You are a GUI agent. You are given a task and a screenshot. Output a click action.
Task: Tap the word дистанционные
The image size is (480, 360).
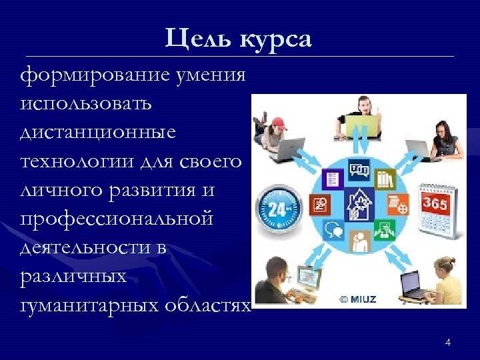(98, 133)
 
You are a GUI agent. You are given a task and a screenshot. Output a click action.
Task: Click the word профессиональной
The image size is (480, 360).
(117, 219)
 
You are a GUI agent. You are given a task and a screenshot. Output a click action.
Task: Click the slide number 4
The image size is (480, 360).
(447, 343)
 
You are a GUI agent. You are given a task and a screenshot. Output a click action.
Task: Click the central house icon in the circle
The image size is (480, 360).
(358, 203)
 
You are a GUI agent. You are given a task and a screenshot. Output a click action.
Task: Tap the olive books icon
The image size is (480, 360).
(385, 179)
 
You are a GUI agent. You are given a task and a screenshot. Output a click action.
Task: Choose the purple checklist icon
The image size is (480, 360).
(331, 179)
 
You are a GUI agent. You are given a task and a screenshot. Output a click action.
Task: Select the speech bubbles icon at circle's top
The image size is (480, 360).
(359, 170)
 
